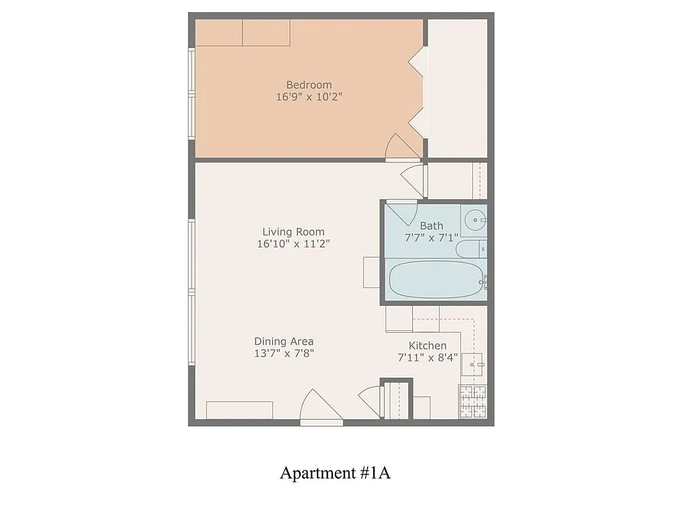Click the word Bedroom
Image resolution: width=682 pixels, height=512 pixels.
tap(309, 84)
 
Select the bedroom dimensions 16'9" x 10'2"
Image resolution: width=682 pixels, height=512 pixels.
tap(309, 97)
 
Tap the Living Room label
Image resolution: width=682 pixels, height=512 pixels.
tap(293, 232)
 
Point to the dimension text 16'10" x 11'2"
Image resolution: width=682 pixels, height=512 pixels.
tap(293, 244)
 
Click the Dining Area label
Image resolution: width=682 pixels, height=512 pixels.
tap(284, 341)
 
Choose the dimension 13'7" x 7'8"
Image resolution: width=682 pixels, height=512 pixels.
tap(284, 353)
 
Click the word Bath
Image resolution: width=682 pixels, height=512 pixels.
tap(431, 225)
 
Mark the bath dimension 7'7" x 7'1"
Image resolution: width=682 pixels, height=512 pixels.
tap(431, 237)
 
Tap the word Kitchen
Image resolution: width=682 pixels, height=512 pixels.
tap(428, 346)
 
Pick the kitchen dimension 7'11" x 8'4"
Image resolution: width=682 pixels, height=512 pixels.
tap(428, 358)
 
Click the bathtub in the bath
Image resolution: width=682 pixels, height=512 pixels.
tap(435, 279)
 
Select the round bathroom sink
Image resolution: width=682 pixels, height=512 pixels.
tap(474, 220)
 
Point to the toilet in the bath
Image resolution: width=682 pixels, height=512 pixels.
tap(473, 248)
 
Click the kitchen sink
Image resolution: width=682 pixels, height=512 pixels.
tap(473, 364)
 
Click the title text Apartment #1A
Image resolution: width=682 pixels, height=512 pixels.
tap(335, 473)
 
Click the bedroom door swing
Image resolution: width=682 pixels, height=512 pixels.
tap(401, 147)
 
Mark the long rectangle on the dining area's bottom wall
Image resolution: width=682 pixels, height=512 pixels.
tap(240, 410)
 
